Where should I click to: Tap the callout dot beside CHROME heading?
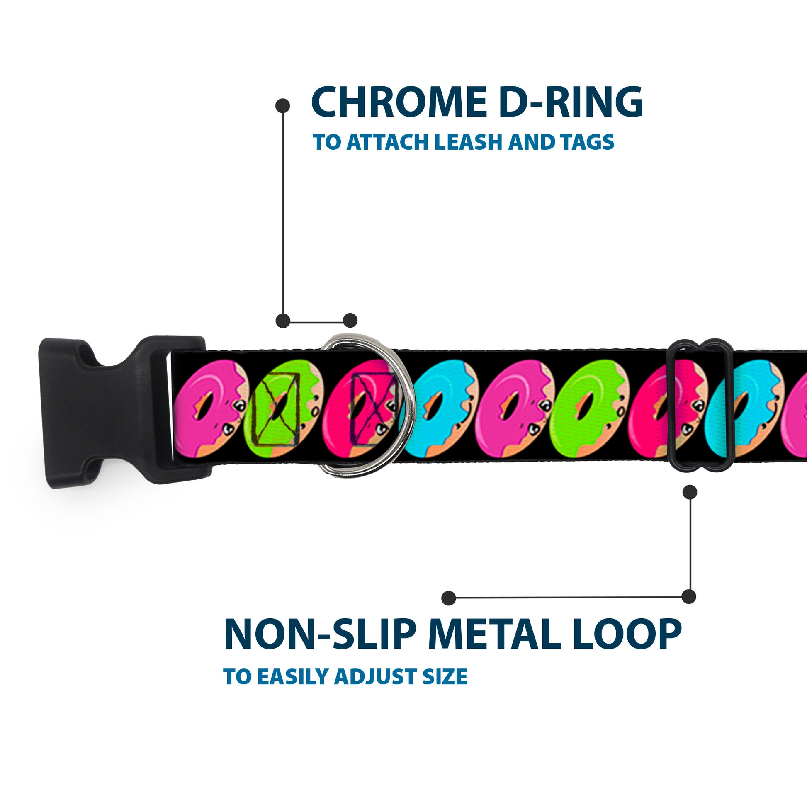283,106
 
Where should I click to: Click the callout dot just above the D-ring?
350,321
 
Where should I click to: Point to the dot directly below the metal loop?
690,492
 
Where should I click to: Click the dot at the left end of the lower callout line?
449,598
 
